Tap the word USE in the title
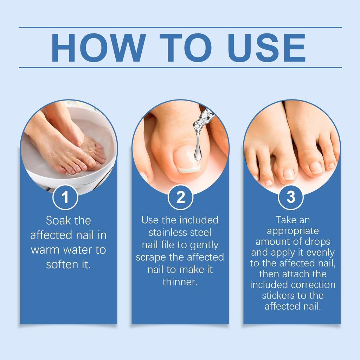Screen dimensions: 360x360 [x=266, y=47]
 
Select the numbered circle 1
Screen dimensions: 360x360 [x=65, y=197]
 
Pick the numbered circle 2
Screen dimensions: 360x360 [x=180, y=197]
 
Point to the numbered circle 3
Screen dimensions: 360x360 [x=291, y=197]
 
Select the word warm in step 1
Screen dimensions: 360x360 [x=45, y=250]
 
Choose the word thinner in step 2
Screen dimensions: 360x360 [x=180, y=282]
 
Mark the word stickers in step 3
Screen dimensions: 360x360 [x=277, y=296]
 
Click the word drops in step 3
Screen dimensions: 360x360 [x=318, y=242]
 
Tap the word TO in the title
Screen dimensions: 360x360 [x=186, y=47]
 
